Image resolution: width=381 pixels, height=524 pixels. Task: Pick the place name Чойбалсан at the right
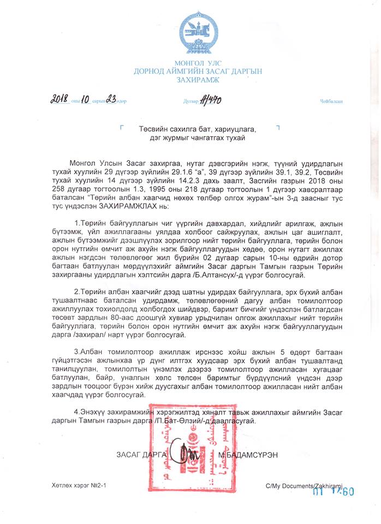[x=331, y=102]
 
